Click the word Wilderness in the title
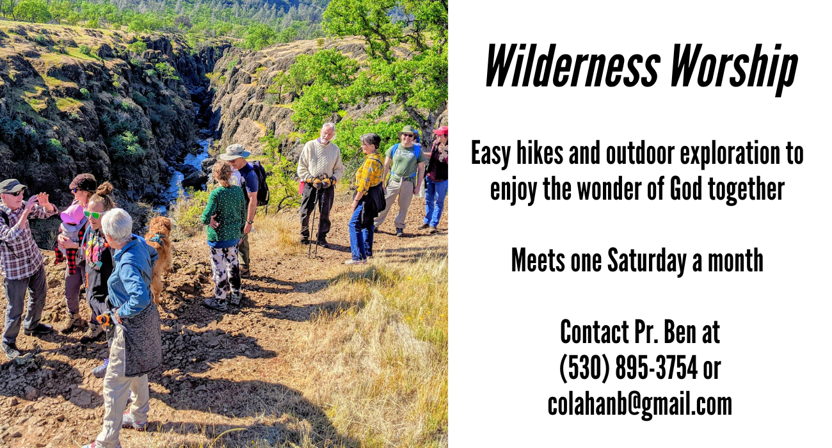[x=573, y=66]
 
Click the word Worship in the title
[x=734, y=69]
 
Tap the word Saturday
[x=646, y=262]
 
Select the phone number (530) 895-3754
[x=628, y=368]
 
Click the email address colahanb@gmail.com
[x=639, y=405]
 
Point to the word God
[x=686, y=189]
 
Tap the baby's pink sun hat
[x=72, y=214]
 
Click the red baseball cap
[x=441, y=131]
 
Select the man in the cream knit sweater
[x=320, y=184]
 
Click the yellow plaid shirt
[x=369, y=173]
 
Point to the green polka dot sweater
[x=224, y=214]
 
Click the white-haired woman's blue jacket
[x=131, y=276]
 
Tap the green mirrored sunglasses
[x=93, y=214]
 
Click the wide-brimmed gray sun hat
[x=234, y=152]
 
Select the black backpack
[x=260, y=183]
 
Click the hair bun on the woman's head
[x=105, y=189]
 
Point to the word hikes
[x=540, y=154]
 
